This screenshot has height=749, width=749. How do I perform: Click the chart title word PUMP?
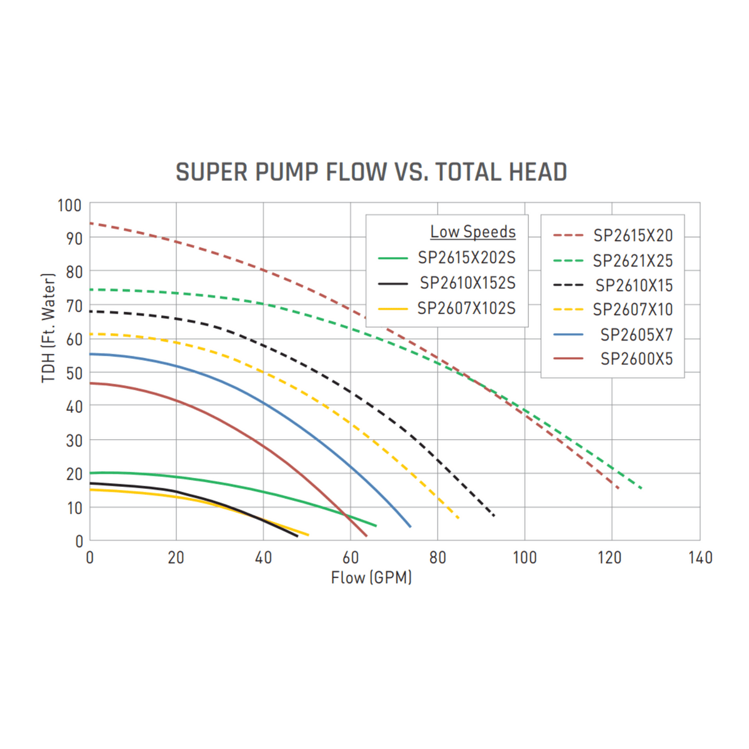pyautogui.click(x=286, y=172)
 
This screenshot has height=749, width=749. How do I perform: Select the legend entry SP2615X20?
pyautogui.click(x=632, y=236)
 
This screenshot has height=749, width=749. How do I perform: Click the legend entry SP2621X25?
pyautogui.click(x=632, y=261)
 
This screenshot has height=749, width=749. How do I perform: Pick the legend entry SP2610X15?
pyautogui.click(x=634, y=286)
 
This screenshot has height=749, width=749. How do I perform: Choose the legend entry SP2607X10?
pyautogui.click(x=632, y=310)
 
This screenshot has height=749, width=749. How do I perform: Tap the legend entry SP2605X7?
pyautogui.click(x=636, y=335)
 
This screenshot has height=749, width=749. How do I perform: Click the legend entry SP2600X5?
pyautogui.click(x=636, y=359)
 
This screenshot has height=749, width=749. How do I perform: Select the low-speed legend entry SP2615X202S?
pyautogui.click(x=466, y=258)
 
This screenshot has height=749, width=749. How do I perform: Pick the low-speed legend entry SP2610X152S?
pyautogui.click(x=467, y=283)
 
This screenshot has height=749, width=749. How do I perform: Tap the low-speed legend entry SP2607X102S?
pyautogui.click(x=466, y=308)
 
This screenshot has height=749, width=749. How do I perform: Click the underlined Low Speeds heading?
pyautogui.click(x=473, y=232)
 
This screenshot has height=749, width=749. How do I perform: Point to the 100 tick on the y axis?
pyautogui.click(x=70, y=205)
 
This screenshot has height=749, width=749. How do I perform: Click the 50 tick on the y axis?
pyautogui.click(x=74, y=373)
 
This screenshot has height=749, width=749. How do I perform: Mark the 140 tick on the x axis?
pyautogui.click(x=700, y=558)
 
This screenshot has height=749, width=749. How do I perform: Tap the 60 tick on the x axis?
pyautogui.click(x=350, y=558)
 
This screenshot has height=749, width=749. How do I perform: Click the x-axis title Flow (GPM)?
pyautogui.click(x=371, y=578)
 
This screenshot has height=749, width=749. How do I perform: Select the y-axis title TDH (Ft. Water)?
pyautogui.click(x=49, y=328)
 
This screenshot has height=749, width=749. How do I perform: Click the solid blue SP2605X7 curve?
pyautogui.click(x=263, y=403)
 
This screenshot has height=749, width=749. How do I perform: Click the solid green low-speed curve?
pyautogui.click(x=263, y=492)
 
